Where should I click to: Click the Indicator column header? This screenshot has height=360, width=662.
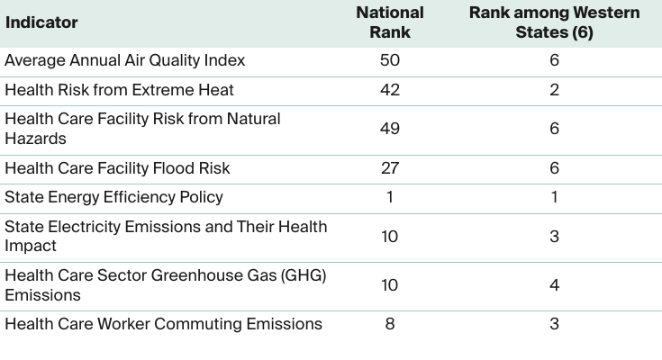coord(41,22)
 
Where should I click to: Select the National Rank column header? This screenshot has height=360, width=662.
coord(389,22)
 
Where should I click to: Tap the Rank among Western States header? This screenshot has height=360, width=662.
coord(554,22)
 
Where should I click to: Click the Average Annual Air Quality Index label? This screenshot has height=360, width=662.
coord(124,60)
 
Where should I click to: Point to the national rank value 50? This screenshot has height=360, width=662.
coord(389,60)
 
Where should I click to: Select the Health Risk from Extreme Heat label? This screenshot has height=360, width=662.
coord(119,90)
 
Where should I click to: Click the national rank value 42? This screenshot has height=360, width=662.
coord(389,90)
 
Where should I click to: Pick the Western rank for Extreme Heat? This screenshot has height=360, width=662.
coord(554,90)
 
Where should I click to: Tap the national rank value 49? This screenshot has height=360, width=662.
coord(389,129)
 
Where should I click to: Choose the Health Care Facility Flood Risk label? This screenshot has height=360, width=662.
coord(117,168)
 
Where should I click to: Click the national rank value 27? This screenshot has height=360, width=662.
coord(389,168)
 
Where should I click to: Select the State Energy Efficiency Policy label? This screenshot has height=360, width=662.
coord(113,197)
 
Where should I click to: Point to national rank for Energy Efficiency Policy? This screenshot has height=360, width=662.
coord(389,197)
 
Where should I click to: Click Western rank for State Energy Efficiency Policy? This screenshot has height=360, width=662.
coord(554,197)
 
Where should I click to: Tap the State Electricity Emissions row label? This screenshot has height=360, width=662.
coord(166,236)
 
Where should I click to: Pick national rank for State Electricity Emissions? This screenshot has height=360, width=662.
coord(389,236)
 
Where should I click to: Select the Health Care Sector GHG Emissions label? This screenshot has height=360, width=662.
coord(165,285)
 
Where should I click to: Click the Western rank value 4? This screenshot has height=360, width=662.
coord(554,285)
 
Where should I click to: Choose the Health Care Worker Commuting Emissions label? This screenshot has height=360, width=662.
coord(163,324)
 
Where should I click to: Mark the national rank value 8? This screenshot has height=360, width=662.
coord(389,324)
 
